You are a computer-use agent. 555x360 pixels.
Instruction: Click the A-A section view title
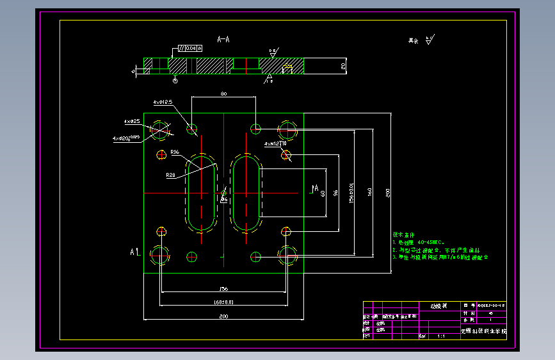[x=223, y=40]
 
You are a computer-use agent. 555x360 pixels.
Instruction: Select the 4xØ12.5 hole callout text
[x=163, y=102]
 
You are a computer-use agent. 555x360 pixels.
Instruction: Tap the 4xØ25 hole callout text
[x=132, y=121]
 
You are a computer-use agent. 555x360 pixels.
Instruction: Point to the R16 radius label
[x=175, y=152]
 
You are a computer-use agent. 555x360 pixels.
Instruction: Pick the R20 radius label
[x=170, y=174]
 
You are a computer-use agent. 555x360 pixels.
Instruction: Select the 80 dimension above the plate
[x=223, y=94]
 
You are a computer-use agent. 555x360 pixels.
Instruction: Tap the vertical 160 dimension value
[x=369, y=192]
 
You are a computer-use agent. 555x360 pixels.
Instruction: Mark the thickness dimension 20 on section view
[x=343, y=65]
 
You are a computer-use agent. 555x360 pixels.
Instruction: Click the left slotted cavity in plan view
[x=202, y=193]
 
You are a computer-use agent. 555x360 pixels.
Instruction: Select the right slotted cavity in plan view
[x=246, y=193]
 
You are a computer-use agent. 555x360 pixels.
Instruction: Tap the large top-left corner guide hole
[x=160, y=129]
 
